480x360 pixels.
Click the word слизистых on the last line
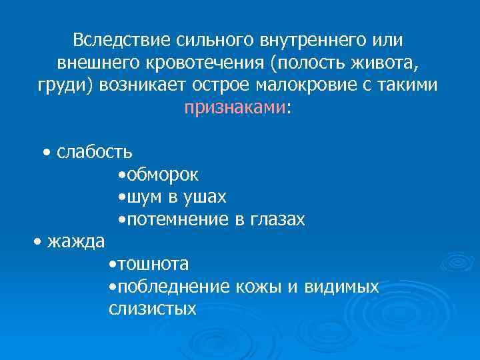point(152,308)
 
